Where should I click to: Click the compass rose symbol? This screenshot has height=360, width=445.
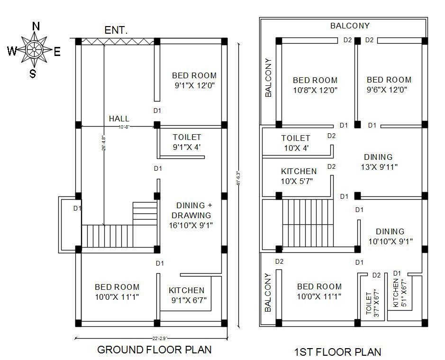(34, 49)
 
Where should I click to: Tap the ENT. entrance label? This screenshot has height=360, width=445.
(116, 30)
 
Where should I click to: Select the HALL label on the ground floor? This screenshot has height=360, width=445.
(119, 119)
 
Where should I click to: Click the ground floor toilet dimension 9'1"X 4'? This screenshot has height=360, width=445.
(187, 147)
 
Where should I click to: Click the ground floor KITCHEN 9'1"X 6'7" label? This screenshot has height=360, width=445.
(187, 295)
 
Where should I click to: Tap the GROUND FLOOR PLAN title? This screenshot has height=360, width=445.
(154, 350)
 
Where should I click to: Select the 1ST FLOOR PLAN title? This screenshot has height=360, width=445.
(337, 352)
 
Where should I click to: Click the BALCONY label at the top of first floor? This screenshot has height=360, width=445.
(350, 26)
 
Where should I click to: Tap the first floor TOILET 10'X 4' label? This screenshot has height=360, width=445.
(296, 143)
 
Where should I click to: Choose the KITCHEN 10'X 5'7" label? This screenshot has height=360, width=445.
(299, 176)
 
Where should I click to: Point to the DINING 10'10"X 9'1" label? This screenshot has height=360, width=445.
(390, 236)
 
